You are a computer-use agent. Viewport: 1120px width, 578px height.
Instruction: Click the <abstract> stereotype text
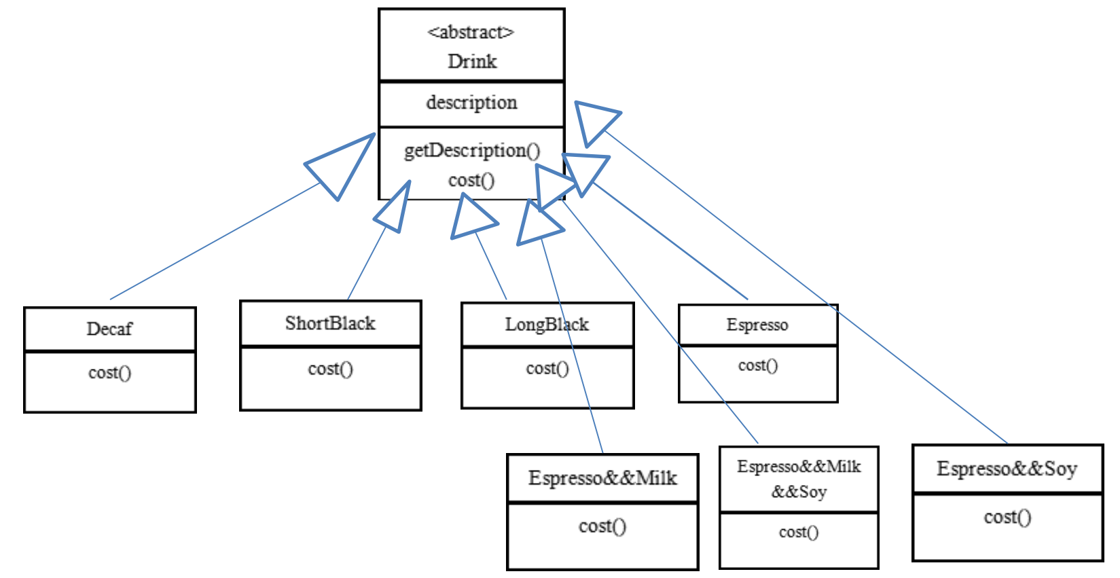(x=471, y=32)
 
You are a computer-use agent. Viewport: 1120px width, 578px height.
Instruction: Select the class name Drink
(x=472, y=61)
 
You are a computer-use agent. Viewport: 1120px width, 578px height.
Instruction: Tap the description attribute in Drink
(x=471, y=103)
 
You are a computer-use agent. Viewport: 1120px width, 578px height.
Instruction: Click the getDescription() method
(x=472, y=150)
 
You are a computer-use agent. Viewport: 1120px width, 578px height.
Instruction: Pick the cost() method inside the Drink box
(x=471, y=180)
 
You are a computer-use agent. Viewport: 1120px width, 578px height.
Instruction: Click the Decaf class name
(x=109, y=329)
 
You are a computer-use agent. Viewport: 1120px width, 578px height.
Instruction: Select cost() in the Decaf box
(x=109, y=372)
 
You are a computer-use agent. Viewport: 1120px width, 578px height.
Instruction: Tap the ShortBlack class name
(x=330, y=323)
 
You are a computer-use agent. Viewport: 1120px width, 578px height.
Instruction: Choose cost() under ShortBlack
(x=330, y=369)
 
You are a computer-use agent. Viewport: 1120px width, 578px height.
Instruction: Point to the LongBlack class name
(x=547, y=325)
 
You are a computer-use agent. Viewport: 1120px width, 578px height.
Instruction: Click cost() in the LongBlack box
(x=547, y=368)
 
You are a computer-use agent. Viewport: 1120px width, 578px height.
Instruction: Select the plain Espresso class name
(x=757, y=325)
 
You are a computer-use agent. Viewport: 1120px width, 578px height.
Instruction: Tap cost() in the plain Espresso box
(x=757, y=365)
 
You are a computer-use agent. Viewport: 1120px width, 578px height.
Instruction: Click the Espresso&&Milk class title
(x=602, y=477)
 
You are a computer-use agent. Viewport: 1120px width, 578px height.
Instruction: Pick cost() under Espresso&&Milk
(x=602, y=526)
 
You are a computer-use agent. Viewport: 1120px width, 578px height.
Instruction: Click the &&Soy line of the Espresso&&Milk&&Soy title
(x=799, y=492)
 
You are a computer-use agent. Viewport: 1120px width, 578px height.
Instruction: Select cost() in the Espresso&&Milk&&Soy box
(x=799, y=532)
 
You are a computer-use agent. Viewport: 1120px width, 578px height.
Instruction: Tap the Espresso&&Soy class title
(x=1007, y=469)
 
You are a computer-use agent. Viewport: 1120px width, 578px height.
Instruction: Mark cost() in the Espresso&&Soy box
(x=1007, y=517)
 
